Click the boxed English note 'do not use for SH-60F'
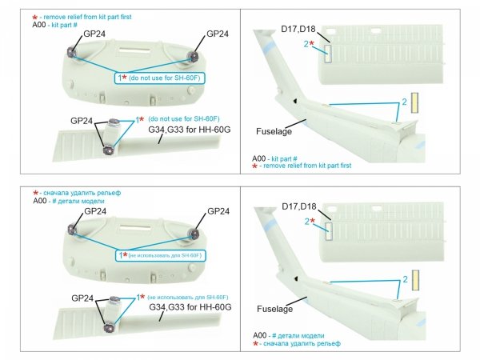click(x=157, y=78)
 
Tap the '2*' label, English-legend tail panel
click(x=309, y=44)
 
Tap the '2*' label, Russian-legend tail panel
click(x=309, y=222)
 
